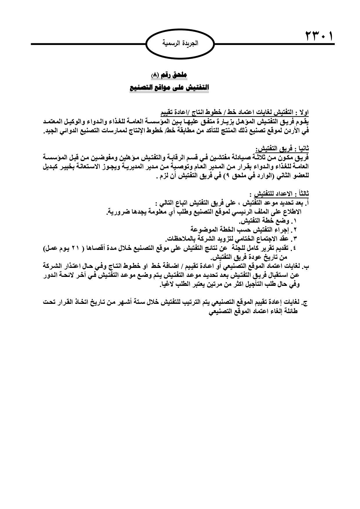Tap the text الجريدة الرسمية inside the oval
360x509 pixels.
pyautogui.click(x=180, y=44)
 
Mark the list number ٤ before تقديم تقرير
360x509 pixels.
pyautogui.click(x=295, y=249)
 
